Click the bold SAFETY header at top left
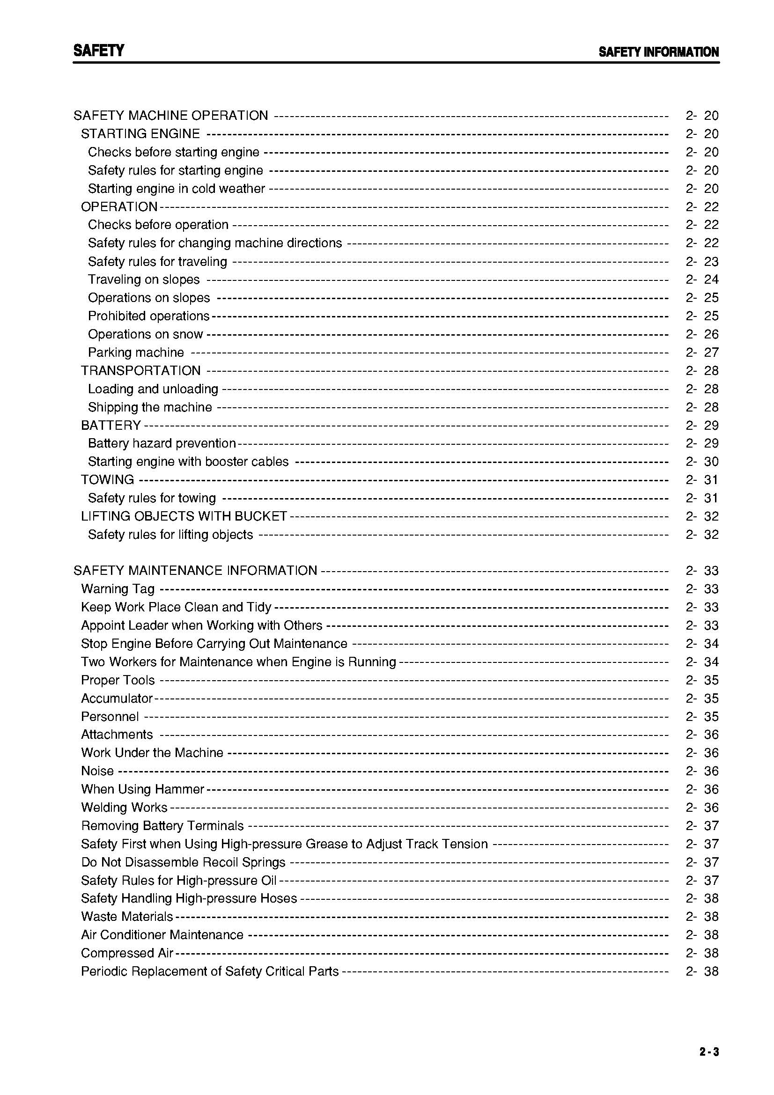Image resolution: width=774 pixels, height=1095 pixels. tap(99, 51)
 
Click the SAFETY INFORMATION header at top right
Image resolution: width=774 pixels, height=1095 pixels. tap(658, 52)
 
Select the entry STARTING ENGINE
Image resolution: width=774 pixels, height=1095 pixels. tap(140, 134)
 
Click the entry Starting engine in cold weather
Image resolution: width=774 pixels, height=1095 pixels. tap(176, 189)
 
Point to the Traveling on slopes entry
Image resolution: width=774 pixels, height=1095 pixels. tap(144, 279)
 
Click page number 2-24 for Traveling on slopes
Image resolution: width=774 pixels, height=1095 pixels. tap(702, 279)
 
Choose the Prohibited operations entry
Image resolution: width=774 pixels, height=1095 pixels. tap(148, 316)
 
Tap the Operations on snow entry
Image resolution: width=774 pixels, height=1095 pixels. tap(146, 334)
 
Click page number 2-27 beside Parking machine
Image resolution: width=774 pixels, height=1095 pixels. tap(702, 353)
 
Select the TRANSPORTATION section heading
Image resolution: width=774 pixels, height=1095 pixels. tap(140, 371)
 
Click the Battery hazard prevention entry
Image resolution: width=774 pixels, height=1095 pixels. tap(162, 443)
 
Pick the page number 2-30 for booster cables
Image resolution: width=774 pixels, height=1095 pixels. tap(702, 462)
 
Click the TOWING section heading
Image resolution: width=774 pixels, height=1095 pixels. tap(107, 480)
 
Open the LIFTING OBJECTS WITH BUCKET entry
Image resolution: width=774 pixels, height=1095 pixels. tap(184, 516)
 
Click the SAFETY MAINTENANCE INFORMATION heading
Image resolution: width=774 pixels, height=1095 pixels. tap(195, 571)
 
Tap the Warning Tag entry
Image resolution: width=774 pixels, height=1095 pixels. tap(118, 589)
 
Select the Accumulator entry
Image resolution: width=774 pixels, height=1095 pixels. tap(117, 698)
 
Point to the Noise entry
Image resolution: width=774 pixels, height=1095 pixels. tap(97, 771)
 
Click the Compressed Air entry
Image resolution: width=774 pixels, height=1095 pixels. tap(127, 953)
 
